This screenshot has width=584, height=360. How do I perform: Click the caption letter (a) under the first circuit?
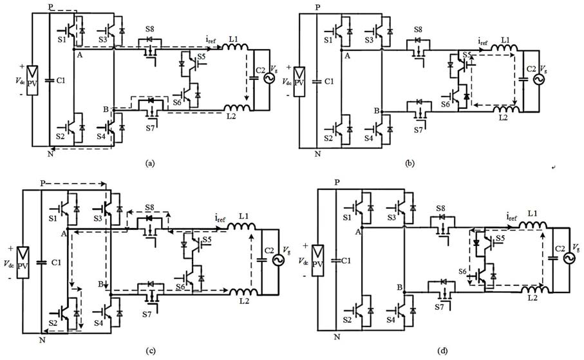pos(150,164)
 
